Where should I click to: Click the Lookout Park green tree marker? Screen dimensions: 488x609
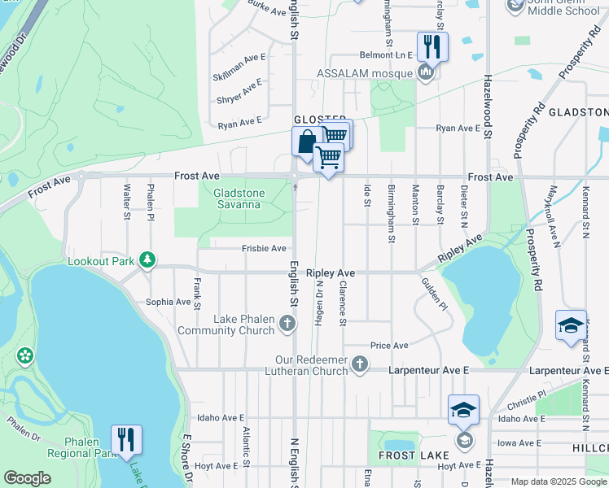pyautogui.click(x=147, y=259)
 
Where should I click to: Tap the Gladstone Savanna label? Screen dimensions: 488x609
pyautogui.click(x=237, y=198)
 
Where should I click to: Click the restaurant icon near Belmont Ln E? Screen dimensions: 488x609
pyautogui.click(x=432, y=46)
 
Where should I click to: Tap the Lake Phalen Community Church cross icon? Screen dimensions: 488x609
pyautogui.click(x=287, y=325)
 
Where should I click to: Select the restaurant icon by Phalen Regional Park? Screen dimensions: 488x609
pyautogui.click(x=126, y=439)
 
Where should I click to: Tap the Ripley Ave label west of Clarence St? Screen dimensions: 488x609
pyautogui.click(x=331, y=274)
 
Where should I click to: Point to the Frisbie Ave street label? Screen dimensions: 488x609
pyautogui.click(x=264, y=248)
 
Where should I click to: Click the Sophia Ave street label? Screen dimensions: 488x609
pyautogui.click(x=168, y=302)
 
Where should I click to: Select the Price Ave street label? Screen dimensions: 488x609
pyautogui.click(x=389, y=346)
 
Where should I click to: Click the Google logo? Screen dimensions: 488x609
pyautogui.click(x=28, y=478)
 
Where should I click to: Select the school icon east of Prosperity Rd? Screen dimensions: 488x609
pyautogui.click(x=570, y=325)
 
